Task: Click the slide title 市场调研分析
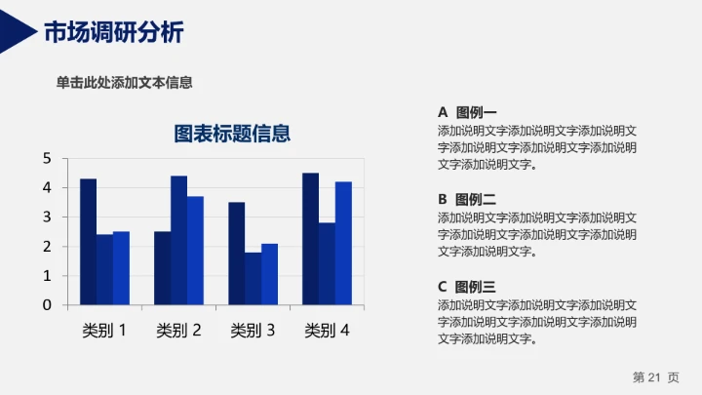pos(113,32)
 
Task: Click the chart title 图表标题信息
pos(232,134)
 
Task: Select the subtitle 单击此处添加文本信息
pos(124,83)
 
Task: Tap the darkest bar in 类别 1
pos(88,242)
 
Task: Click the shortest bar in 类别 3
pos(253,279)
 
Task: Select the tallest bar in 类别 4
pos(310,238)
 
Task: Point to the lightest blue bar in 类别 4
pos(343,243)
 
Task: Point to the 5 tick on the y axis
pos(47,158)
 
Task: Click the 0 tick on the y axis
pos(47,305)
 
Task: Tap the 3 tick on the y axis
pos(47,217)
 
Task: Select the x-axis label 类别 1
pos(104,331)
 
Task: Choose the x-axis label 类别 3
pos(253,331)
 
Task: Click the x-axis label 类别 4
pos(327,331)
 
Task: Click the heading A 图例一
pos(467,112)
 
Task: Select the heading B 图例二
pos(467,199)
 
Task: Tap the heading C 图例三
pos(467,287)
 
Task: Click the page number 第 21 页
pos(655,376)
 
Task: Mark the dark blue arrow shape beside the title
pos(18,33)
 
